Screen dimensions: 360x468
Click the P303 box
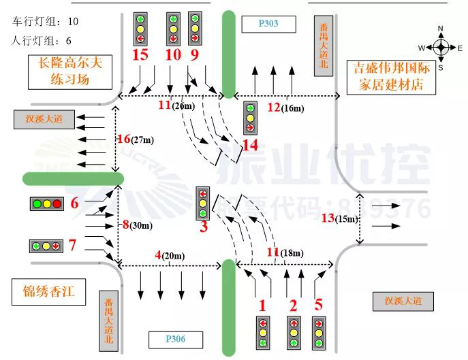[x=268, y=25]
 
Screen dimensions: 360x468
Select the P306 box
[x=174, y=338]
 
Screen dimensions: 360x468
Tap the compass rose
[x=441, y=47]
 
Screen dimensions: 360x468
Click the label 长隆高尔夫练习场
[x=69, y=72]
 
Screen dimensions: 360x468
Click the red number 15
[x=141, y=54]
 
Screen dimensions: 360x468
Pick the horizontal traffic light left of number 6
[x=46, y=203]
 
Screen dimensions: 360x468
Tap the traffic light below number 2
[x=294, y=333]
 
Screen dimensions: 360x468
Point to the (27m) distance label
[x=143, y=140]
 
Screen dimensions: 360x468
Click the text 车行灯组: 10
[x=46, y=22]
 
